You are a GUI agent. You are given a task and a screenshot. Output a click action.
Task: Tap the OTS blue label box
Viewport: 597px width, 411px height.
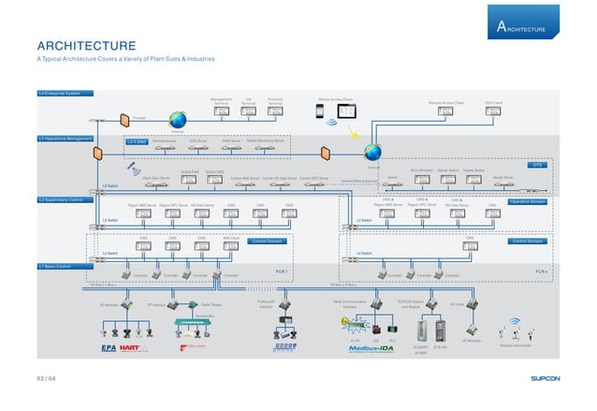click(x=536, y=166)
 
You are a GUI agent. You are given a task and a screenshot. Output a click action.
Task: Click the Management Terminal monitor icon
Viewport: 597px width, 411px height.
click(x=222, y=111)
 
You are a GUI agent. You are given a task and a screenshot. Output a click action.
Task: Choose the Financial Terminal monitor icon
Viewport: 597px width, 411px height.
click(x=275, y=111)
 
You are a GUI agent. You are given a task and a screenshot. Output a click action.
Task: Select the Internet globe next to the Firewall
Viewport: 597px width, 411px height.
click(x=176, y=119)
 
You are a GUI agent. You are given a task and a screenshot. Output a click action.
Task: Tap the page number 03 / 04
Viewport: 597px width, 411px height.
click(x=47, y=379)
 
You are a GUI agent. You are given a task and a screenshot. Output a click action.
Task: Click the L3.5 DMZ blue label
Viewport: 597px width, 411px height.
click(x=136, y=140)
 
